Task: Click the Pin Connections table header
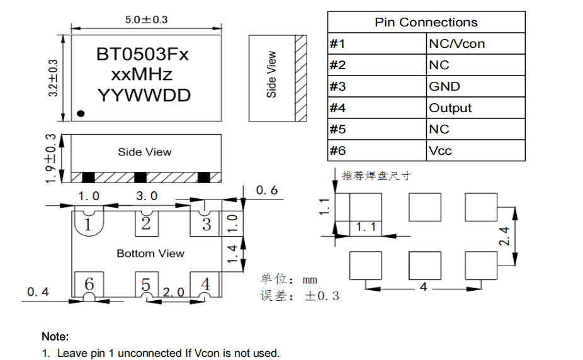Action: click(x=426, y=22)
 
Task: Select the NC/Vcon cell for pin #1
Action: click(x=456, y=44)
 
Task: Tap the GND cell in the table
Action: click(x=444, y=87)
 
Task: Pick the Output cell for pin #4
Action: click(x=450, y=108)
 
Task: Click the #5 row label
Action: click(x=337, y=130)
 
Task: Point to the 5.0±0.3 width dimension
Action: click(x=146, y=20)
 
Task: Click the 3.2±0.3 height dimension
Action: click(x=53, y=77)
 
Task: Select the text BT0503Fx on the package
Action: click(x=142, y=55)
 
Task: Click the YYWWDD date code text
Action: click(x=144, y=96)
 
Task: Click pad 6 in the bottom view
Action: click(x=89, y=284)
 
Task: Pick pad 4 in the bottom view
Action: click(x=205, y=284)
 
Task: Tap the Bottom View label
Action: click(x=150, y=254)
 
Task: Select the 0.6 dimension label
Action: click(x=267, y=190)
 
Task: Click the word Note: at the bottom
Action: click(x=55, y=337)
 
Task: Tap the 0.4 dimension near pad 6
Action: click(x=38, y=292)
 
